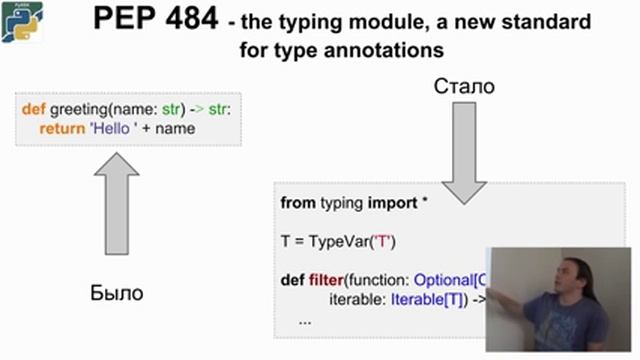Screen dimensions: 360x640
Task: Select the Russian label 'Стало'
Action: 464,88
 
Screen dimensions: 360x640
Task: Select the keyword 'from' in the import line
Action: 298,203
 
